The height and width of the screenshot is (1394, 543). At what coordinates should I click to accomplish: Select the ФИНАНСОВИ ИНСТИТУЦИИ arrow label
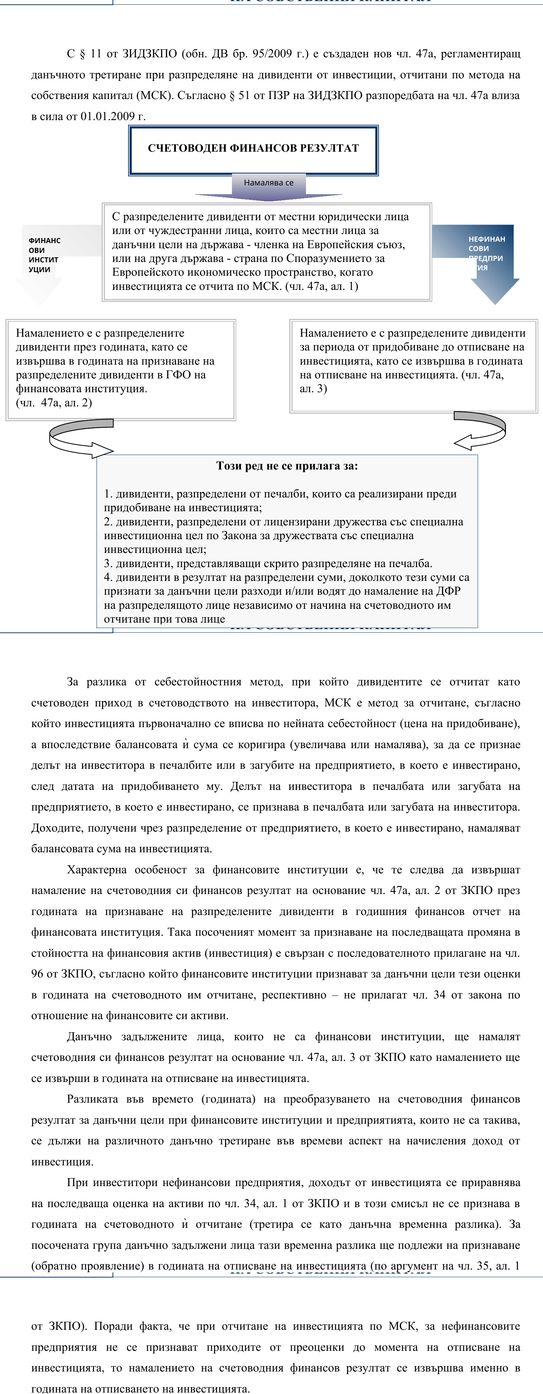point(44,255)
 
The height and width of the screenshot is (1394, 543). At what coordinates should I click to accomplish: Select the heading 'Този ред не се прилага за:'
point(287,466)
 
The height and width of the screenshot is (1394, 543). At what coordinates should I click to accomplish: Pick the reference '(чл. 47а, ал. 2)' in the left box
point(54,403)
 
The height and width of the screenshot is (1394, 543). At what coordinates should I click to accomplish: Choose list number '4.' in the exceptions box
point(108,577)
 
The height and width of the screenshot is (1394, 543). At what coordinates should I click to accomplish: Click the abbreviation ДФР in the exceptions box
point(448,591)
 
